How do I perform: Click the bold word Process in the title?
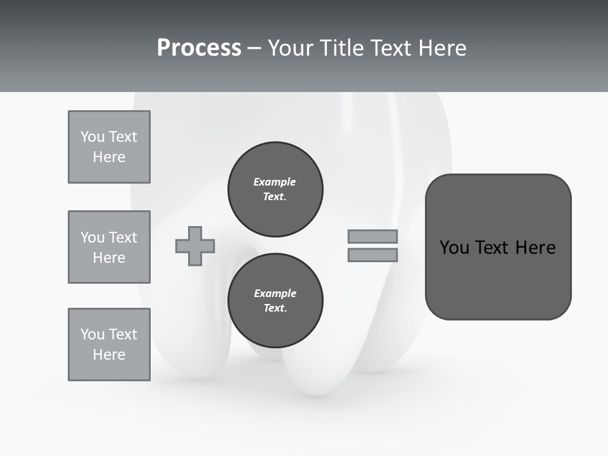coord(199,48)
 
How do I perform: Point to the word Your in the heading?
coord(289,48)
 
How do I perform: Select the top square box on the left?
coord(109,147)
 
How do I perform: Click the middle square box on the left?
coord(109,247)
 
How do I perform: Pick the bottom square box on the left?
coord(109,345)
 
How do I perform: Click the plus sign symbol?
coord(195,246)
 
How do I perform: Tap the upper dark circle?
coord(275,189)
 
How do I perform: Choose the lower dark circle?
coord(275,300)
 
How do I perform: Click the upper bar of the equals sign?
coord(372,236)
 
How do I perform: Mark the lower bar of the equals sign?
coord(372,255)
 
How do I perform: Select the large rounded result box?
coord(498,247)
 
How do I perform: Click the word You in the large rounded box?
coord(455,248)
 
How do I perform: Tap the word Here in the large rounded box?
coord(536,248)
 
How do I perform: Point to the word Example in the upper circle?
coord(274,182)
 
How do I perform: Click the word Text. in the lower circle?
coord(275,308)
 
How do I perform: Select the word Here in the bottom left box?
coord(109,355)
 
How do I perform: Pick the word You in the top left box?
coord(91,137)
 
